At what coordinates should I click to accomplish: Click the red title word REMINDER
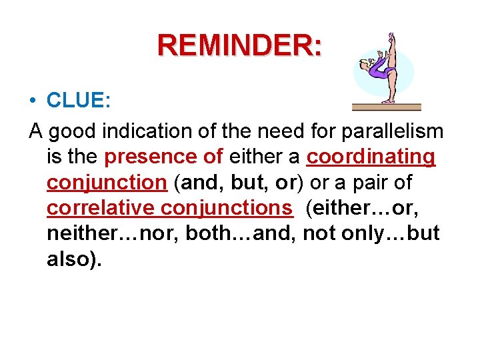[x=239, y=45]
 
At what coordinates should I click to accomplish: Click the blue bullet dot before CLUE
[x=33, y=101]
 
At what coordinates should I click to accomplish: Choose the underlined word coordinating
[x=371, y=157]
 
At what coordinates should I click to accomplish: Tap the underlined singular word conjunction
[x=106, y=182]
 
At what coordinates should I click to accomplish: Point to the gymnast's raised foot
[x=392, y=37]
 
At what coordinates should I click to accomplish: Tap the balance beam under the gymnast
[x=387, y=106]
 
